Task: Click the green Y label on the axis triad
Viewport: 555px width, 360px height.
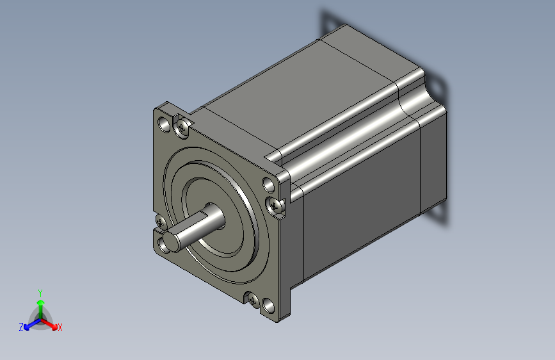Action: tap(40, 293)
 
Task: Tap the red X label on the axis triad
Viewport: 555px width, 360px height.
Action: tap(60, 327)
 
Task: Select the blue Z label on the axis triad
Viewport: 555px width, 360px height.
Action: tap(21, 327)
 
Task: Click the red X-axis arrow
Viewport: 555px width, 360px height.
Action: tap(49, 324)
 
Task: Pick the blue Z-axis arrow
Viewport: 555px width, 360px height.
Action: tap(33, 324)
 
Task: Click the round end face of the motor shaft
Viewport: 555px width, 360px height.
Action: tap(171, 241)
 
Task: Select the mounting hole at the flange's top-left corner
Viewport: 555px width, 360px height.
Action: tap(164, 124)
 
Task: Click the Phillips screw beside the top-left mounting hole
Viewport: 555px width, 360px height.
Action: tap(182, 127)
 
